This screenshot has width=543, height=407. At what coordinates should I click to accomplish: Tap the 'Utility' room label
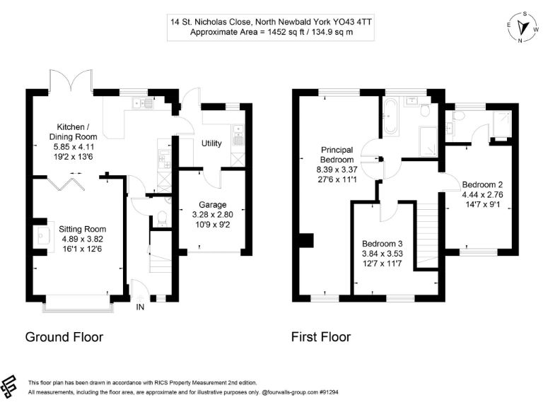coord(211,143)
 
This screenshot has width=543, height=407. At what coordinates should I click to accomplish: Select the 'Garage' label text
coord(211,205)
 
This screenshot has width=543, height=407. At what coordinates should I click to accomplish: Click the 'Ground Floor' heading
coord(64,337)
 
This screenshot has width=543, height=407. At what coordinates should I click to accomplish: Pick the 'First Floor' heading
coord(321,337)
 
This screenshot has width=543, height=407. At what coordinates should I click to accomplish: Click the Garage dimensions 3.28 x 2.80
coord(211,216)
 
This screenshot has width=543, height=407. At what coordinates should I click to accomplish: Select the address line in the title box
coord(271,22)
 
